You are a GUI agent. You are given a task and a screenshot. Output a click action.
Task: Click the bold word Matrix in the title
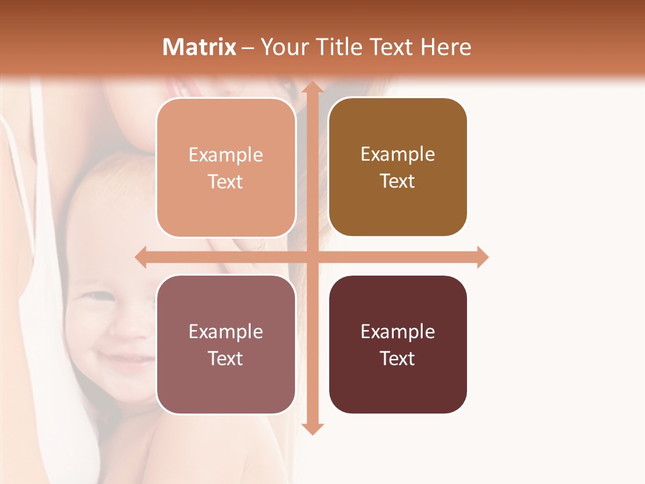[x=200, y=47]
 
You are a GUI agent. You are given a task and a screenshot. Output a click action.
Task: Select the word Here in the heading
[x=445, y=47]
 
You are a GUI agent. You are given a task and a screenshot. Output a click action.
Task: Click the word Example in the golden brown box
[x=398, y=155]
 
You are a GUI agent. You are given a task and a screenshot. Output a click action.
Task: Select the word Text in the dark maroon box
[x=398, y=358]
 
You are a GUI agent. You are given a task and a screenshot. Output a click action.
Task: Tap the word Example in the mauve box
[x=226, y=331]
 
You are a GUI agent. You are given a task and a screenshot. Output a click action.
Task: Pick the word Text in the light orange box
[x=226, y=182]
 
